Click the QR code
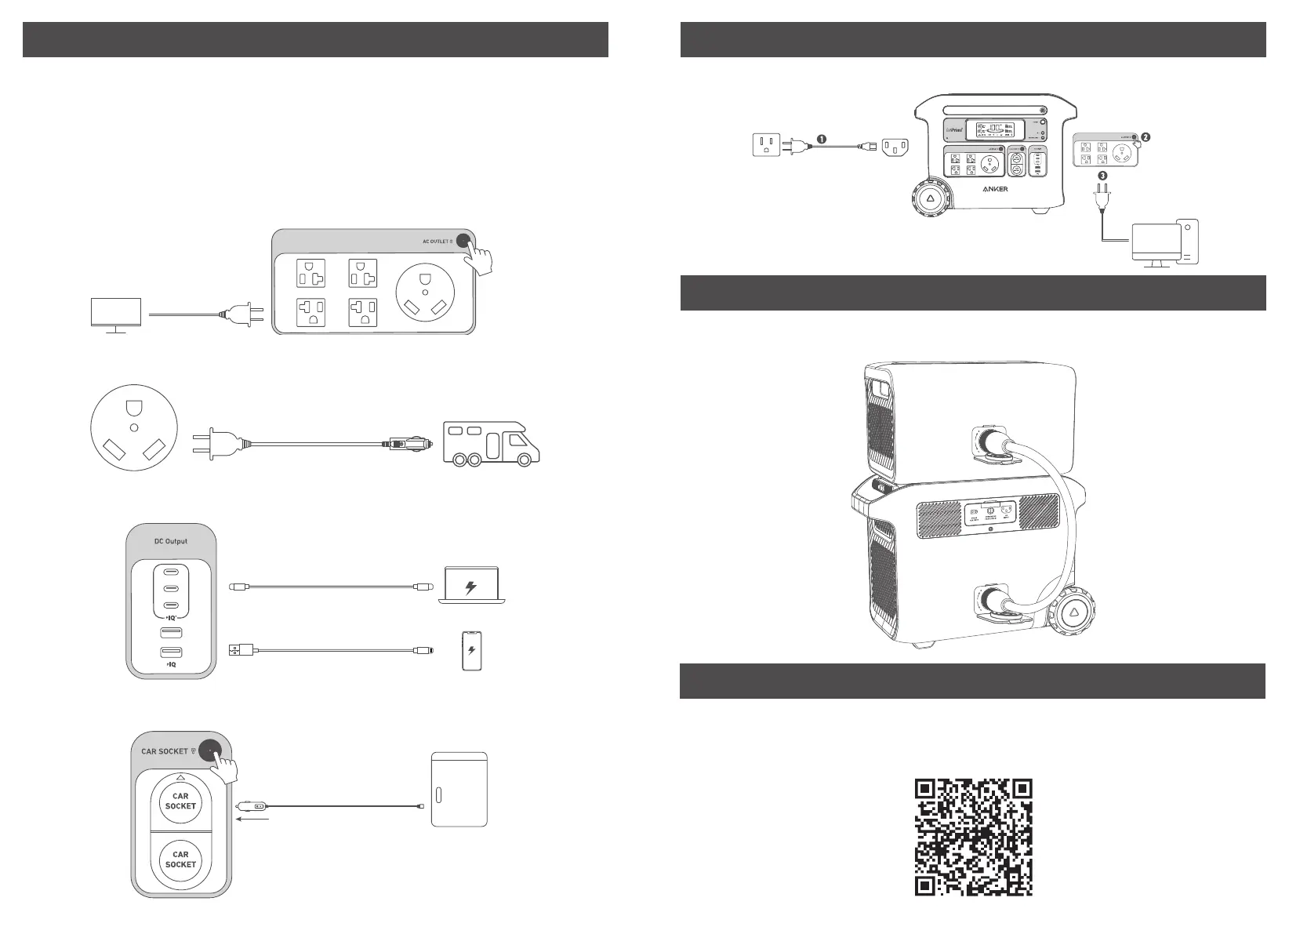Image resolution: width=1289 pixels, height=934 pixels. [x=973, y=837]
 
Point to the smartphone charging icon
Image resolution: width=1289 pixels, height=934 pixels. [x=470, y=650]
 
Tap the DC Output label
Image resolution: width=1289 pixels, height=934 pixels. [x=170, y=541]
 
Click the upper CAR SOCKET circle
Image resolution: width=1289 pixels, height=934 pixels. [x=180, y=801]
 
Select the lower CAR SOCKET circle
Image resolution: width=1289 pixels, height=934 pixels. [x=180, y=859]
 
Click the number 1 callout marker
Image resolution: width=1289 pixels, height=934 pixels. [x=821, y=138]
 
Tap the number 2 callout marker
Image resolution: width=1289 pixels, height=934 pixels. [x=1146, y=136]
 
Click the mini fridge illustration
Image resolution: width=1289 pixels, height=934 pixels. [x=459, y=789]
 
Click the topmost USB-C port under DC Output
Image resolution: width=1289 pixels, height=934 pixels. [x=169, y=572]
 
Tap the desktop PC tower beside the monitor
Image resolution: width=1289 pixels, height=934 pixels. [x=1187, y=241]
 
